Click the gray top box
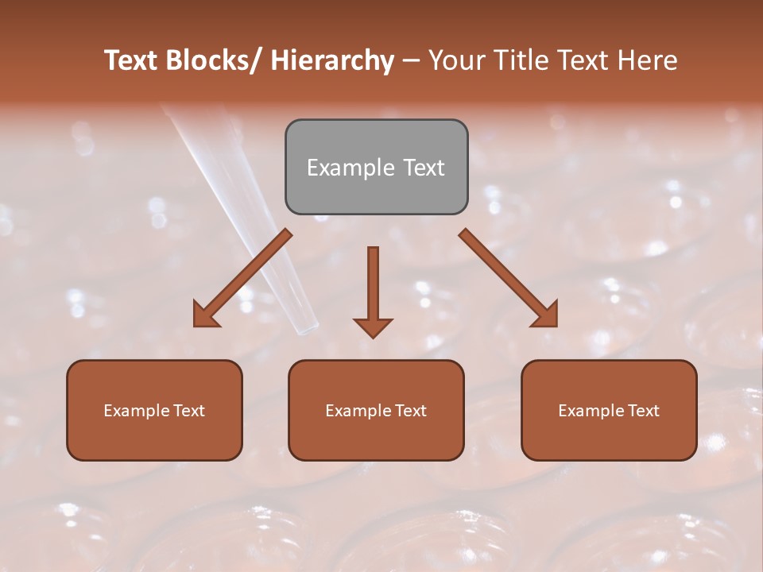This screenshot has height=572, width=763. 376,167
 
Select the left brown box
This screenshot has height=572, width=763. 154,410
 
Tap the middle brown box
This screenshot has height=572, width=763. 376,410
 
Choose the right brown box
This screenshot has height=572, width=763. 609,410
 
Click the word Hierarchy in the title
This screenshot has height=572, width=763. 331,60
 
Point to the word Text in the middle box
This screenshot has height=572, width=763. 409,411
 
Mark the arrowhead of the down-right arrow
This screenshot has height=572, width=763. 545,315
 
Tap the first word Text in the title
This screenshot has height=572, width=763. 133,60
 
